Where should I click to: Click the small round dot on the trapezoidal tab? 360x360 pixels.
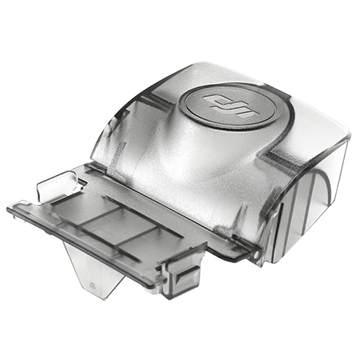click(x=92, y=285)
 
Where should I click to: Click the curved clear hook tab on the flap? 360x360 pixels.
click(x=58, y=184)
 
